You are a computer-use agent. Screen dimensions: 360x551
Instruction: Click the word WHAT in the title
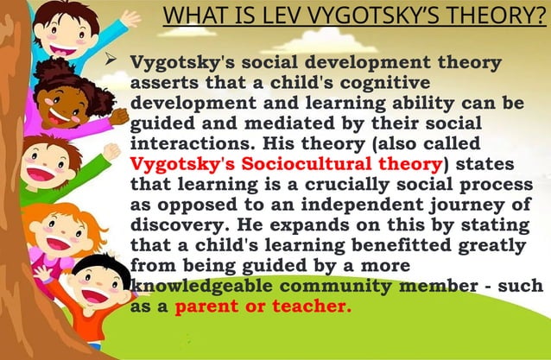coord(188,16)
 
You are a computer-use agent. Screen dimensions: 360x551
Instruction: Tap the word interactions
coord(188,143)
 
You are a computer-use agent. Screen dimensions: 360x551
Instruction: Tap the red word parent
coord(205,306)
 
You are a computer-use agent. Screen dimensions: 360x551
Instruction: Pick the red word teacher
coord(313,306)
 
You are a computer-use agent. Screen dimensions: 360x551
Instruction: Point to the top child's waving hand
coord(130,17)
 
